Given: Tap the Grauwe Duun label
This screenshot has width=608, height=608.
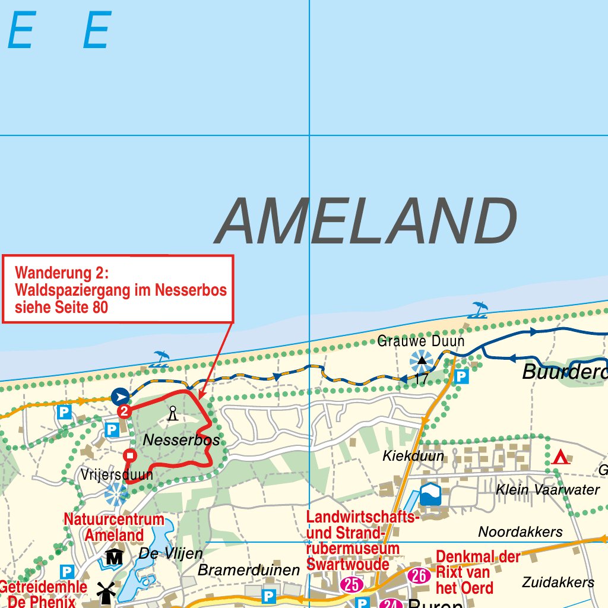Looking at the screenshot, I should point(421,342).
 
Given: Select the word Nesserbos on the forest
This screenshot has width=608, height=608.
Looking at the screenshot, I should point(182,441).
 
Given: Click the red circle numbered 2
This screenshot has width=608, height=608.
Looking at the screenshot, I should point(124,411).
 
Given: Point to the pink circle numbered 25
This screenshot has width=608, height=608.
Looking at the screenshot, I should point(352,585).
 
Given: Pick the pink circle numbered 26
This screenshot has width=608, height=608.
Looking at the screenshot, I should point(419,575).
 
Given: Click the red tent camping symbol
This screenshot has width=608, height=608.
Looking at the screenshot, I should point(560,457).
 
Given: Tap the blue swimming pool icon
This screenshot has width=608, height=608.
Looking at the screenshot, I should point(430,494).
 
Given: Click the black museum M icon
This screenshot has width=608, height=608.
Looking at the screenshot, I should point(114,557).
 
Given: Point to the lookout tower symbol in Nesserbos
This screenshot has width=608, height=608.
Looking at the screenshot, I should point(173,413).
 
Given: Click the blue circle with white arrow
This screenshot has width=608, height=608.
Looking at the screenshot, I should point(121,396).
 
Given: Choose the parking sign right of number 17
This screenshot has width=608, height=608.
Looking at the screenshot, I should point(461,376).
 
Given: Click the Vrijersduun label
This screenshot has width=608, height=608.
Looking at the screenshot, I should point(117,475).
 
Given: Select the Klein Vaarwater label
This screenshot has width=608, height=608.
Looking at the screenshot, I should point(548,490).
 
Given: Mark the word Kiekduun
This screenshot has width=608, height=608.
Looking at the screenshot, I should point(413,456).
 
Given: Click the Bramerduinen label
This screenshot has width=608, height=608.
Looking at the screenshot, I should point(249,570).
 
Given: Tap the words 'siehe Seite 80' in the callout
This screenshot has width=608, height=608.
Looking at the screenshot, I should point(62,308).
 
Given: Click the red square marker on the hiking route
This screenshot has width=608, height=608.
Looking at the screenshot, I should point(130,455).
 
